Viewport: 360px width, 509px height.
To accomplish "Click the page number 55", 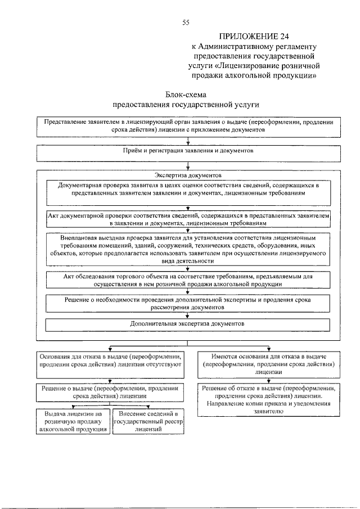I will (x=186, y=22).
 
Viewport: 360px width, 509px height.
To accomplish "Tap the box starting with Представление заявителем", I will (x=188, y=126).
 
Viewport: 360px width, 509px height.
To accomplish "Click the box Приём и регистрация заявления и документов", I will (x=188, y=152).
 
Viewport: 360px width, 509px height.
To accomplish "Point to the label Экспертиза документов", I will (x=188, y=175).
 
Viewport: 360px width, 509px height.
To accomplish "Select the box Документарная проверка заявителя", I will (x=188, y=189).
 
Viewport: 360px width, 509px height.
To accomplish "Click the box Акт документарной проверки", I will (x=188, y=219).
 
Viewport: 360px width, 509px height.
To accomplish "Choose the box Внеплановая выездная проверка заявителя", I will (x=188, y=249).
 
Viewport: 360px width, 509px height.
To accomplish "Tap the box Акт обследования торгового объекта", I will (x=188, y=281).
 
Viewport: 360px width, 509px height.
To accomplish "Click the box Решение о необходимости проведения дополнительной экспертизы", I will (x=188, y=304).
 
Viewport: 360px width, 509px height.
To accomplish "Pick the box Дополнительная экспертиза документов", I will (x=188, y=325).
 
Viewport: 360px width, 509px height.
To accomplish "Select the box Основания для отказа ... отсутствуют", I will (x=110, y=361).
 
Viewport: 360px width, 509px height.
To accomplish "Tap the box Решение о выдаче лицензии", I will (x=110, y=391).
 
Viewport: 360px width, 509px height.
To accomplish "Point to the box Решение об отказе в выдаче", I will (x=269, y=399).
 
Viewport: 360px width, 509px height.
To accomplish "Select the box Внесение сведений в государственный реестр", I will (x=148, y=421).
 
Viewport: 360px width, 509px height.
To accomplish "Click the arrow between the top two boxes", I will (x=188, y=141).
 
